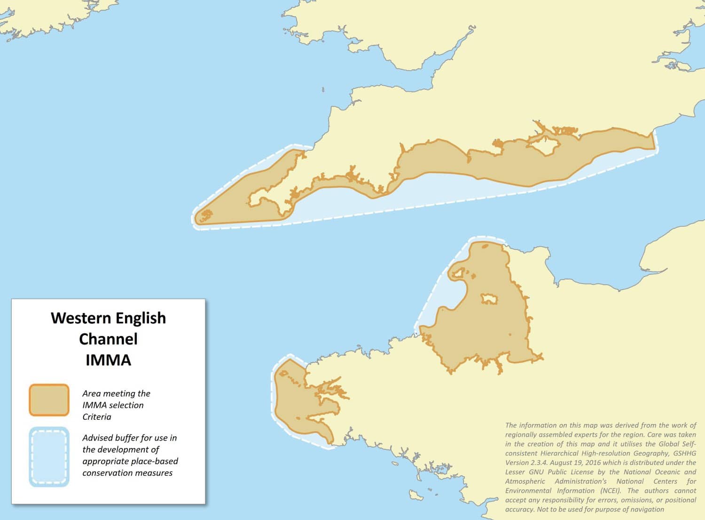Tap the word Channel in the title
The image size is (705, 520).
point(108,339)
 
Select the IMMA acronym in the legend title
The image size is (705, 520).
point(108,360)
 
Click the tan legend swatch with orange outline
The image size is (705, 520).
point(49,400)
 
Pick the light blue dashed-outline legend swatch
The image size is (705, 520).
point(49,456)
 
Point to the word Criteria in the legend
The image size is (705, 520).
point(97,417)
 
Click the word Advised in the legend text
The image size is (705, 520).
point(97,438)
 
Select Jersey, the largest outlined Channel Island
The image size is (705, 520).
point(489,299)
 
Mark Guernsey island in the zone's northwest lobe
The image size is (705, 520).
point(458,273)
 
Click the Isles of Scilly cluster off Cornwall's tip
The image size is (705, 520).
point(206,216)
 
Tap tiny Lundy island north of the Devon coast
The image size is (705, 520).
point(323,89)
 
